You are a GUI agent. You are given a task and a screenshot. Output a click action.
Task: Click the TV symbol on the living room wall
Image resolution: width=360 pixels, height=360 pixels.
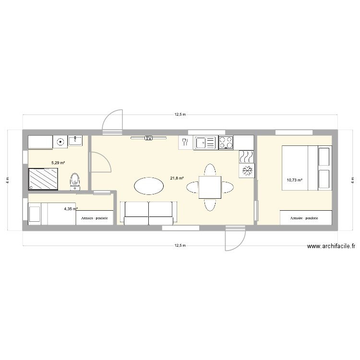click(x=149, y=138)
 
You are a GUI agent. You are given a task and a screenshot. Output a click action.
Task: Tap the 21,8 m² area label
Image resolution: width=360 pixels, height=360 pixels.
click(x=177, y=179)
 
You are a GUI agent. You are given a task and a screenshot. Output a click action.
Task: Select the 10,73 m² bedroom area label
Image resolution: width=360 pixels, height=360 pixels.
click(x=294, y=180)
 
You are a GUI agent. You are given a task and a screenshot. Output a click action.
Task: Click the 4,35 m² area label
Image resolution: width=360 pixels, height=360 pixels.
click(x=71, y=209)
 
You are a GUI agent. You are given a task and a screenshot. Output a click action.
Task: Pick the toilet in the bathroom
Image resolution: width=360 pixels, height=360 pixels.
click(x=75, y=181)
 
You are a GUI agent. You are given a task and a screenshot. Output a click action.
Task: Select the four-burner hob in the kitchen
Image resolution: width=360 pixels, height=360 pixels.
click(x=226, y=142)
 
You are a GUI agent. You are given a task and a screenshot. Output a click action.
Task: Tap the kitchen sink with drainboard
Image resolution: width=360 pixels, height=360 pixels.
click(x=205, y=142)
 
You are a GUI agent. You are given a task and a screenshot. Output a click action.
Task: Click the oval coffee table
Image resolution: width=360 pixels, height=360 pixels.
click(x=149, y=186)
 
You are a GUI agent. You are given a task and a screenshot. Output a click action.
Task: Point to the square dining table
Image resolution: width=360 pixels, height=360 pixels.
click(x=210, y=187)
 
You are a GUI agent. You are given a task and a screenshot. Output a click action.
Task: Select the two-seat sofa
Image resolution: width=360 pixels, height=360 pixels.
click(x=148, y=212)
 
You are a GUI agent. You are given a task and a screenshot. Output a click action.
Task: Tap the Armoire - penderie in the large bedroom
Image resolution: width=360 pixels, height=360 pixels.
click(x=305, y=218)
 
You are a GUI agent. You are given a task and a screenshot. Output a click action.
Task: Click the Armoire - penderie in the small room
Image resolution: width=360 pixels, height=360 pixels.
click(x=95, y=218)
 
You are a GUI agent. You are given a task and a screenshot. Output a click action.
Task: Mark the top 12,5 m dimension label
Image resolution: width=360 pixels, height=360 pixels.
click(x=180, y=115)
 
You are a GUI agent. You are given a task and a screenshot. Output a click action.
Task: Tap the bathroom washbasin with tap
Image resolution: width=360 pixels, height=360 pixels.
click(x=75, y=141)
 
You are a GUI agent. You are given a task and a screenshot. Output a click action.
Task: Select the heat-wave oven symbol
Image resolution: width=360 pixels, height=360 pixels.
click(x=246, y=156)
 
